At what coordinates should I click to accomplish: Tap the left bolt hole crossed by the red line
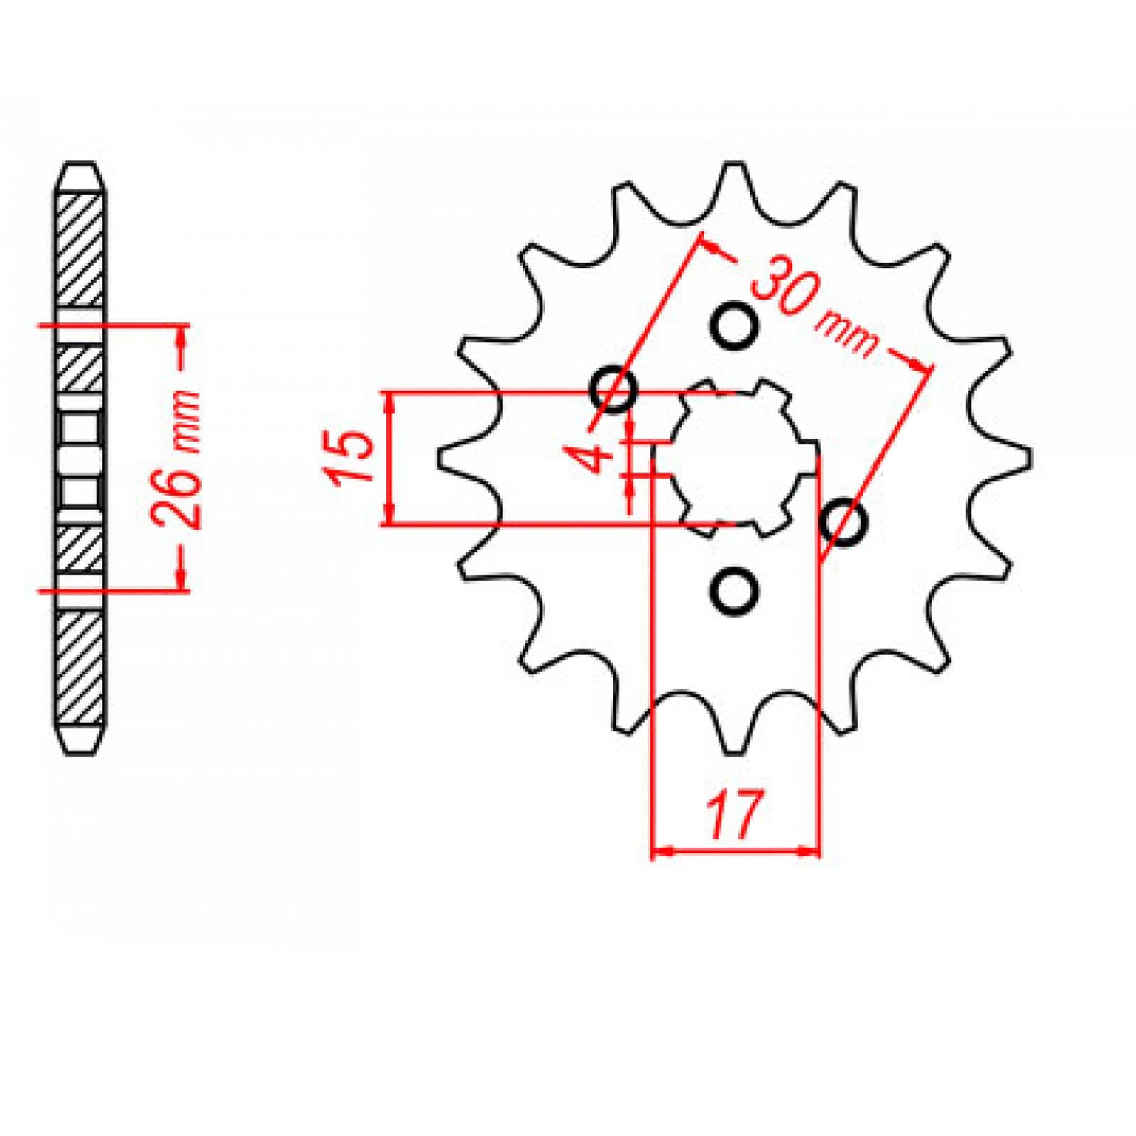click(614, 388)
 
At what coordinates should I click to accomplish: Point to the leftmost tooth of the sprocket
click(446, 458)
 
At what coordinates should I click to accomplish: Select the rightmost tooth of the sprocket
click(1024, 458)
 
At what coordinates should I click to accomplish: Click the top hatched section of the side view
click(82, 248)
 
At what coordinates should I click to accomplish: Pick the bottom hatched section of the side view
click(82, 667)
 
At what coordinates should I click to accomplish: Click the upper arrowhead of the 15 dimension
click(388, 403)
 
